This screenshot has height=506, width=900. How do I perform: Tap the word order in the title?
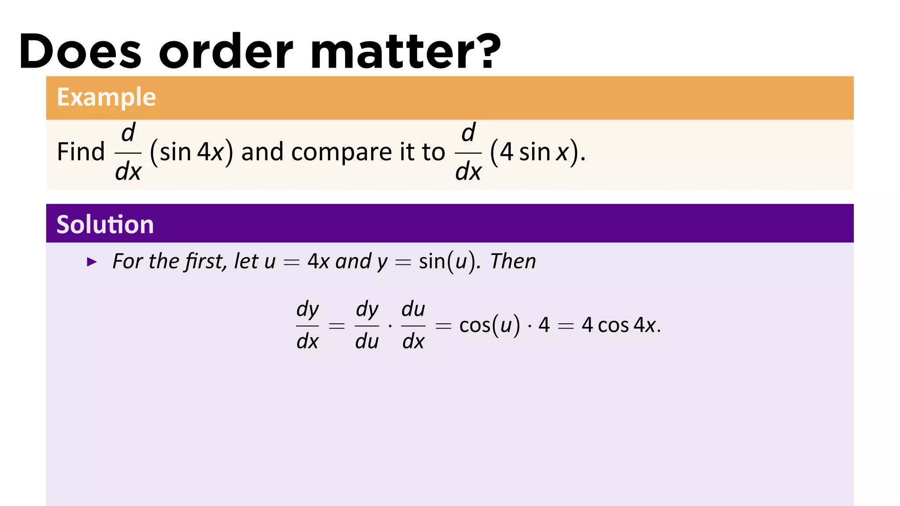pyautogui.click(x=225, y=51)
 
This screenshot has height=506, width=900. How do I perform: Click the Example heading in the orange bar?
pyautogui.click(x=106, y=97)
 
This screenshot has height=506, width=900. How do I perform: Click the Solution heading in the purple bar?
pyautogui.click(x=105, y=224)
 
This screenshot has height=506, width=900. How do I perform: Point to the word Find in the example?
pyautogui.click(x=81, y=152)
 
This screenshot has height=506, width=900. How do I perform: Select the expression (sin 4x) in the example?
pyautogui.click(x=191, y=152)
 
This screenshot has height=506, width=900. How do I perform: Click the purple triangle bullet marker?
pyautogui.click(x=92, y=262)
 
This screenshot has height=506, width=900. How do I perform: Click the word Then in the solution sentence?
pyautogui.click(x=513, y=261)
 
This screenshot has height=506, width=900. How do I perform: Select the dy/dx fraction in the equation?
pyautogui.click(x=307, y=325)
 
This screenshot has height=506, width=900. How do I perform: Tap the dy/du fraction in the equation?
pyautogui.click(x=367, y=325)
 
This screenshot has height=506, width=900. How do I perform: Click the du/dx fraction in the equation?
pyautogui.click(x=413, y=325)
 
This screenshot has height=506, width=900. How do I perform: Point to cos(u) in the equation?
pyautogui.click(x=489, y=325)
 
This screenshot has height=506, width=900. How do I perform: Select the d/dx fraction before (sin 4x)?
pyautogui.click(x=128, y=152)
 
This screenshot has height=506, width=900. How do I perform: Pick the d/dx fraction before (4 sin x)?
pyautogui.click(x=468, y=152)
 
